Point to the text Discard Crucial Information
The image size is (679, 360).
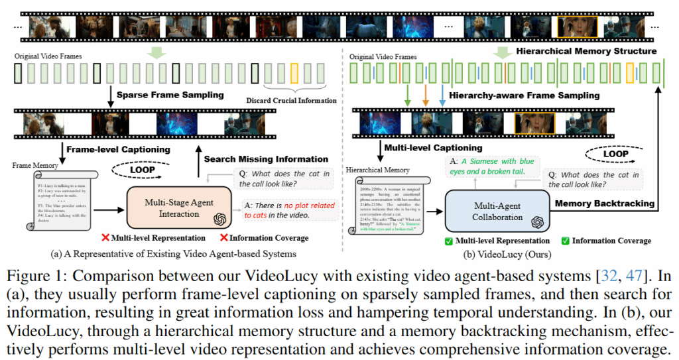pyautogui.click(x=292, y=100)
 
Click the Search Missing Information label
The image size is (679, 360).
pyautogui.click(x=266, y=159)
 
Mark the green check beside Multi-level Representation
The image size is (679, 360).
pyautogui.click(x=450, y=241)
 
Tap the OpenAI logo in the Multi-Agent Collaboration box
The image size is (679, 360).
pyautogui.click(x=537, y=222)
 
